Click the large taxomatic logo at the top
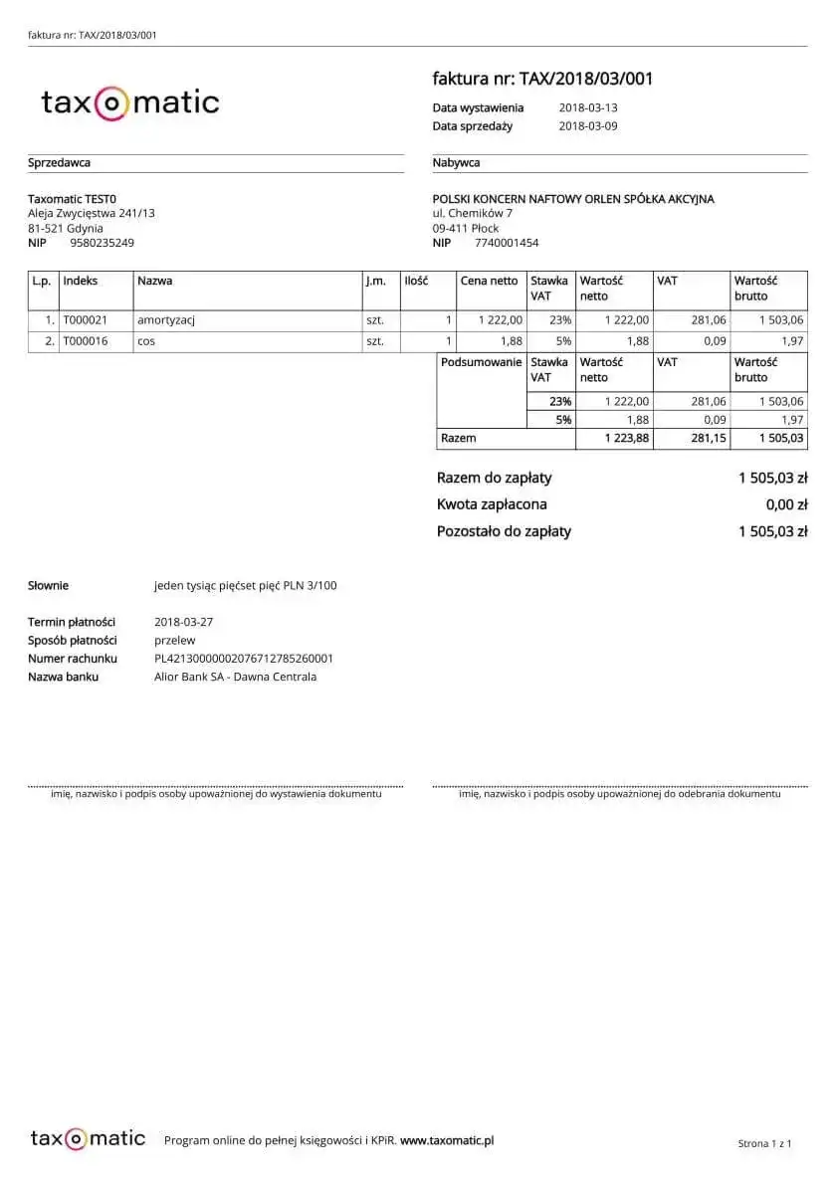tap(129, 102)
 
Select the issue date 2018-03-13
tap(588, 107)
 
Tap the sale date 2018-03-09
tap(588, 126)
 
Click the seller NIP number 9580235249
tap(102, 243)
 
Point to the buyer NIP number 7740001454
tap(507, 243)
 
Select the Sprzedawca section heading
tap(59, 163)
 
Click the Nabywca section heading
tap(457, 163)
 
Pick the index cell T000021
tap(85, 320)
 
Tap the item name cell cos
tap(146, 340)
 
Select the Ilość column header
tap(415, 281)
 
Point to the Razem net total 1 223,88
tap(627, 438)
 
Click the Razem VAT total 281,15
tap(708, 438)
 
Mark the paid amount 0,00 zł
tap(786, 504)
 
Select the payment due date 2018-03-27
tap(184, 622)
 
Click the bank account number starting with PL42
tap(244, 659)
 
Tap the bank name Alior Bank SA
tap(235, 677)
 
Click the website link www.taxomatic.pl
tap(447, 1140)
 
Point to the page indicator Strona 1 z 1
tap(764, 1144)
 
